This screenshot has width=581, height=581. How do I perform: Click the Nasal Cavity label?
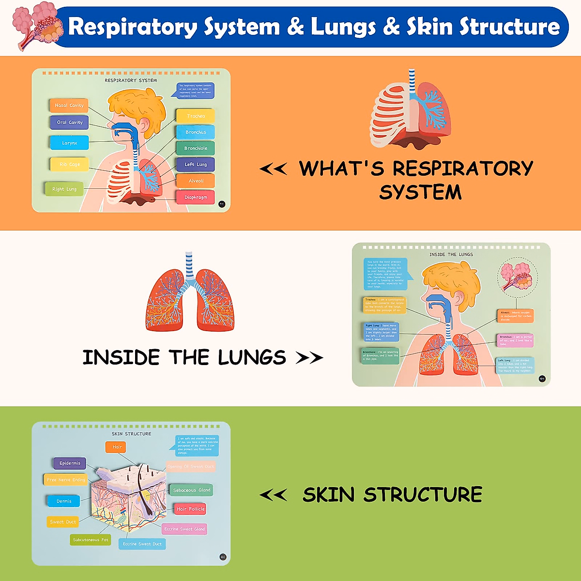(69, 105)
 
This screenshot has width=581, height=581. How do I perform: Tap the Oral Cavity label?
(69, 122)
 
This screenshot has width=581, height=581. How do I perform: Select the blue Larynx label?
(69, 143)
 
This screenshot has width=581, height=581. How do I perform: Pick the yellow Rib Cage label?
(70, 164)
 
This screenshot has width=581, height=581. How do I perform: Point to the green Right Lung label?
(64, 189)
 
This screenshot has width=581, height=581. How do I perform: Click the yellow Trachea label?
(196, 116)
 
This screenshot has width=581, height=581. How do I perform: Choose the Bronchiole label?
(196, 148)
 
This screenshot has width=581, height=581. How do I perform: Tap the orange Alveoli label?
(196, 181)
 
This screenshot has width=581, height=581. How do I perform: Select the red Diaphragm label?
(196, 197)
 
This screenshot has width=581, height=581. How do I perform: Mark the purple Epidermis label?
(70, 463)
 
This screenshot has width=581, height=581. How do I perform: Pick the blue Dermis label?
(63, 501)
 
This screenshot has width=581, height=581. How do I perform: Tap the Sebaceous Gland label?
(191, 490)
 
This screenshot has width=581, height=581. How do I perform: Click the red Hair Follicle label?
(190, 509)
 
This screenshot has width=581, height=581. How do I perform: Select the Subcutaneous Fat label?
(91, 539)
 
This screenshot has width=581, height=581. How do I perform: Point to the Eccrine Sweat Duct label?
(142, 544)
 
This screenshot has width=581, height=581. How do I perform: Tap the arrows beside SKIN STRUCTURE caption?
(273, 495)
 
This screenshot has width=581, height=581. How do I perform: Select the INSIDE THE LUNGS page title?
(451, 254)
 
